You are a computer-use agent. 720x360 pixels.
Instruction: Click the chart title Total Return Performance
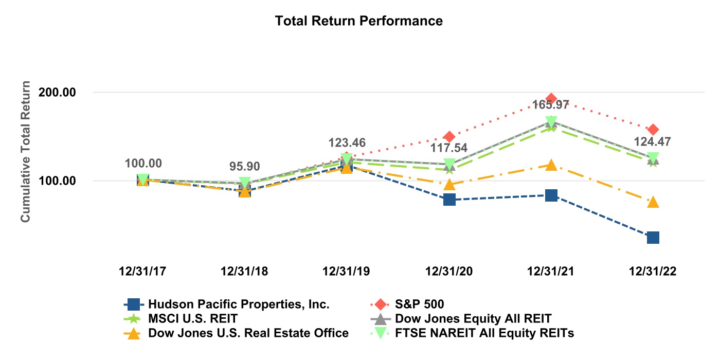[359, 21]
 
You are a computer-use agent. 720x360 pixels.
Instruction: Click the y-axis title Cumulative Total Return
[25, 152]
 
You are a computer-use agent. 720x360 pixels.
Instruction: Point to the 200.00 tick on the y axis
[69, 93]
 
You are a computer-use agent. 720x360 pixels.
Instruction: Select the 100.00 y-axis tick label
[69, 181]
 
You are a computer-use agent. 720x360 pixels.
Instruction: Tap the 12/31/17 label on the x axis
[142, 272]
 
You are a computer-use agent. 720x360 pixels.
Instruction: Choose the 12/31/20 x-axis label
[449, 272]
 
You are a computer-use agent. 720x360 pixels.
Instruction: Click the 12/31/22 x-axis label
[653, 272]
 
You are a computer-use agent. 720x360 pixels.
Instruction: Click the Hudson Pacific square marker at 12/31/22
[653, 238]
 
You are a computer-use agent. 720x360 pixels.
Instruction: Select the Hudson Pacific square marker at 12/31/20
[449, 200]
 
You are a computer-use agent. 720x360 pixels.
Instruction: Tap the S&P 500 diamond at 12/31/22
[653, 130]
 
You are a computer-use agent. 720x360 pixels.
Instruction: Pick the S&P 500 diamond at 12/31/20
[449, 137]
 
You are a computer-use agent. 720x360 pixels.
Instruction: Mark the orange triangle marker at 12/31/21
[551, 165]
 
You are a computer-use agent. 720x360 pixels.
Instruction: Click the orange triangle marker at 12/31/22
[653, 202]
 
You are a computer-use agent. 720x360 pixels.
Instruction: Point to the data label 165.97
[551, 105]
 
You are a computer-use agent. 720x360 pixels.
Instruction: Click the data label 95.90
[245, 167]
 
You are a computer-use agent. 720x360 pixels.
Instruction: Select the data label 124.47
[653, 141]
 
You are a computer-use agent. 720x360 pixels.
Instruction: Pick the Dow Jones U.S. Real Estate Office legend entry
[248, 333]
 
